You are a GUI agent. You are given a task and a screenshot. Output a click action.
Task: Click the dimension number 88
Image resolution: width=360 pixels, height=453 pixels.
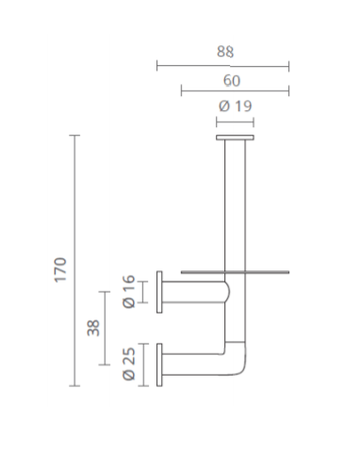point(225,52)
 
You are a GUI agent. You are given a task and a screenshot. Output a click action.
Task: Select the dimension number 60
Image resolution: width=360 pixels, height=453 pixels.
point(232,81)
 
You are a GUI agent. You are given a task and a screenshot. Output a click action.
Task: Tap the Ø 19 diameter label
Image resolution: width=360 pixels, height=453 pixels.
point(236,106)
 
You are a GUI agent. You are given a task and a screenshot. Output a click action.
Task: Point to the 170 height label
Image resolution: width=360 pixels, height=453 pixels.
point(60,270)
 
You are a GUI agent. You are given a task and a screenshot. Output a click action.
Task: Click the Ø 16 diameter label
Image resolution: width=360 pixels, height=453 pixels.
point(129,292)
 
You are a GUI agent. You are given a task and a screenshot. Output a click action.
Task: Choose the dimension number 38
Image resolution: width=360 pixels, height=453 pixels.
point(93,328)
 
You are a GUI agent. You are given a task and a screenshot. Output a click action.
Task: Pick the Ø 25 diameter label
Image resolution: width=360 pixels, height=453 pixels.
point(129,364)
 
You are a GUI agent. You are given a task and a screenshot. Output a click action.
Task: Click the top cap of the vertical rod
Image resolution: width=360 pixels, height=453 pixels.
point(235,138)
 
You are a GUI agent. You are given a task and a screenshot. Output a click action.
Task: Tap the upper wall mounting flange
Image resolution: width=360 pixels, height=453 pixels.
point(159,292)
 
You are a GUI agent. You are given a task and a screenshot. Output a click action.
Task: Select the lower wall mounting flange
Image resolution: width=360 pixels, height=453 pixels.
point(159,364)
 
